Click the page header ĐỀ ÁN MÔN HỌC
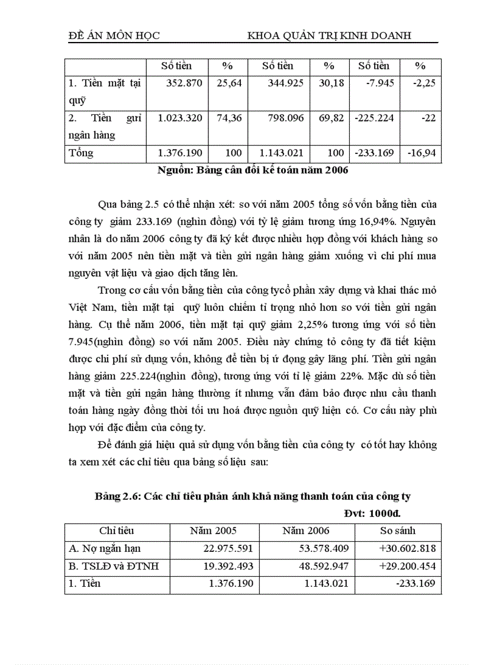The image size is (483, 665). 114,36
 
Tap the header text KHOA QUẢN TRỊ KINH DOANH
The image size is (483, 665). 329,36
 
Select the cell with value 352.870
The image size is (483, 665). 183,83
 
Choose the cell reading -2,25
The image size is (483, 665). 423,83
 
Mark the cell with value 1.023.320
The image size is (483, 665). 180,118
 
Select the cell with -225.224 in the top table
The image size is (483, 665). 374,118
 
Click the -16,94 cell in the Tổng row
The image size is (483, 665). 421,153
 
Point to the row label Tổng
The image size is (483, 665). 81,153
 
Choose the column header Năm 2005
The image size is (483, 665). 213,531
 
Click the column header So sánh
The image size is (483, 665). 398,531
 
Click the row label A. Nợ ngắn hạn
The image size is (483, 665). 105,548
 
